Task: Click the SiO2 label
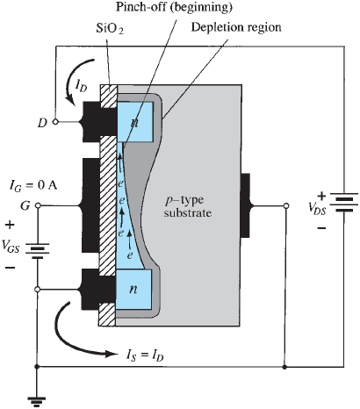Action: pyautogui.click(x=110, y=29)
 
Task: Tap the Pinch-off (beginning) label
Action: pyautogui.click(x=174, y=7)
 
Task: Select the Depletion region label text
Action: pyautogui.click(x=236, y=27)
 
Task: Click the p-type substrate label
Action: pyautogui.click(x=188, y=206)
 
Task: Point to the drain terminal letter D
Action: pyautogui.click(x=42, y=123)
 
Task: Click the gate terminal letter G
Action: pyautogui.click(x=25, y=205)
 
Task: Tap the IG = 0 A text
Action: pyautogui.click(x=33, y=186)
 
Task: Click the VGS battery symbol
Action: pyautogui.click(x=38, y=251)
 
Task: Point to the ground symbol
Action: pyautogui.click(x=37, y=401)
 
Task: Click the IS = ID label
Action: pyautogui.click(x=145, y=355)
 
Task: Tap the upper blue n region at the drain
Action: pyautogui.click(x=134, y=122)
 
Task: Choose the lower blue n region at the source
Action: pyautogui.click(x=133, y=290)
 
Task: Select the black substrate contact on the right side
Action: pyautogui.click(x=246, y=205)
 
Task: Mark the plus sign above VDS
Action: pyautogui.click(x=321, y=196)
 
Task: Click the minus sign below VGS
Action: pyautogui.click(x=10, y=268)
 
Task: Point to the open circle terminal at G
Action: pyautogui.click(x=38, y=205)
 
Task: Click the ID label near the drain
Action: pyautogui.click(x=81, y=86)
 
